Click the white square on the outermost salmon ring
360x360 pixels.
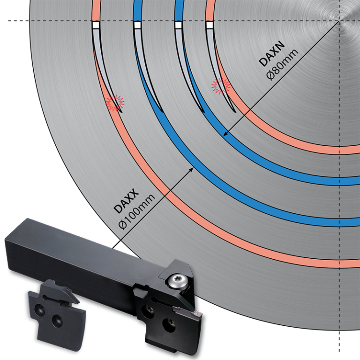[x=96, y=25]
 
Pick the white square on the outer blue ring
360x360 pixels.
[x=137, y=25]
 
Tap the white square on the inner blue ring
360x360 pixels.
[x=179, y=25]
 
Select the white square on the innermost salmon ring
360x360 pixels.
[x=210, y=25]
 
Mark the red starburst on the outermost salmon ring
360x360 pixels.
[x=115, y=101]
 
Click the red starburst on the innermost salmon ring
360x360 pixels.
[x=220, y=86]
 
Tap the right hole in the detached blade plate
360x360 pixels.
[x=58, y=320]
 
